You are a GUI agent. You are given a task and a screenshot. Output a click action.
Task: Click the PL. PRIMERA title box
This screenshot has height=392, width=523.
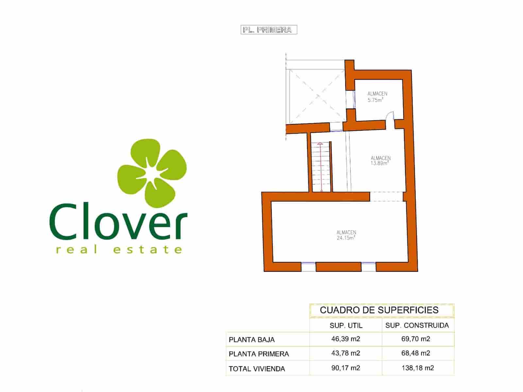pyautogui.click(x=269, y=30)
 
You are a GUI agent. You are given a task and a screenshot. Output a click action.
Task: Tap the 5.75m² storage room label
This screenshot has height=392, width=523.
pyautogui.click(x=377, y=97)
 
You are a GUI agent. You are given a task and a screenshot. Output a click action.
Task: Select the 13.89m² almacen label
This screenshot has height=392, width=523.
pyautogui.click(x=380, y=161)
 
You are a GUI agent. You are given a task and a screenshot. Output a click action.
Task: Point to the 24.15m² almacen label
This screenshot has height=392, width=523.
pyautogui.click(x=346, y=235)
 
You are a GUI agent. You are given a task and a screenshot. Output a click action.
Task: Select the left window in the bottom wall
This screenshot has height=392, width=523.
pyautogui.click(x=308, y=267)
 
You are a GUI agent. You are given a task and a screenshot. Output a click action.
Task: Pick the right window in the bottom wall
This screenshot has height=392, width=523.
pyautogui.click(x=368, y=267)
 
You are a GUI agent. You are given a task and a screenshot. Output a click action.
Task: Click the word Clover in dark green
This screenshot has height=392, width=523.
pyautogui.click(x=118, y=222)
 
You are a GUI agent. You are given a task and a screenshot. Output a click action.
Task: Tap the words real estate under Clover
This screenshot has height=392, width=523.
pyautogui.click(x=119, y=250)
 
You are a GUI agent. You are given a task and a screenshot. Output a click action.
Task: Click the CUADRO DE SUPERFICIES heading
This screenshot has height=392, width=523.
pyautogui.click(x=379, y=310)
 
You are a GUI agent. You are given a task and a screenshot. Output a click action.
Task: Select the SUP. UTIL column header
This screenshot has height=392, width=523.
pyautogui.click(x=346, y=326)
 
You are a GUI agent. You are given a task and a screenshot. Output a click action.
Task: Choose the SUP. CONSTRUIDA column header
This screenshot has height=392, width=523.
pyautogui.click(x=417, y=326)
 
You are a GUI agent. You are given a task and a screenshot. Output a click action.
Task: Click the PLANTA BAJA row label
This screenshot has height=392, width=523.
pyautogui.click(x=252, y=340)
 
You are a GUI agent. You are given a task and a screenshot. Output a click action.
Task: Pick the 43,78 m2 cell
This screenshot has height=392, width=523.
pyautogui.click(x=346, y=353)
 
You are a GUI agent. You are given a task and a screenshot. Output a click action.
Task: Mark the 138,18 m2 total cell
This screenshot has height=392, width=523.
pyautogui.click(x=417, y=368)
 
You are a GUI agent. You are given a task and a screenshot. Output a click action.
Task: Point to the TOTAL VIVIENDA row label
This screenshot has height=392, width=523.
pyautogui.click(x=257, y=369)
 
